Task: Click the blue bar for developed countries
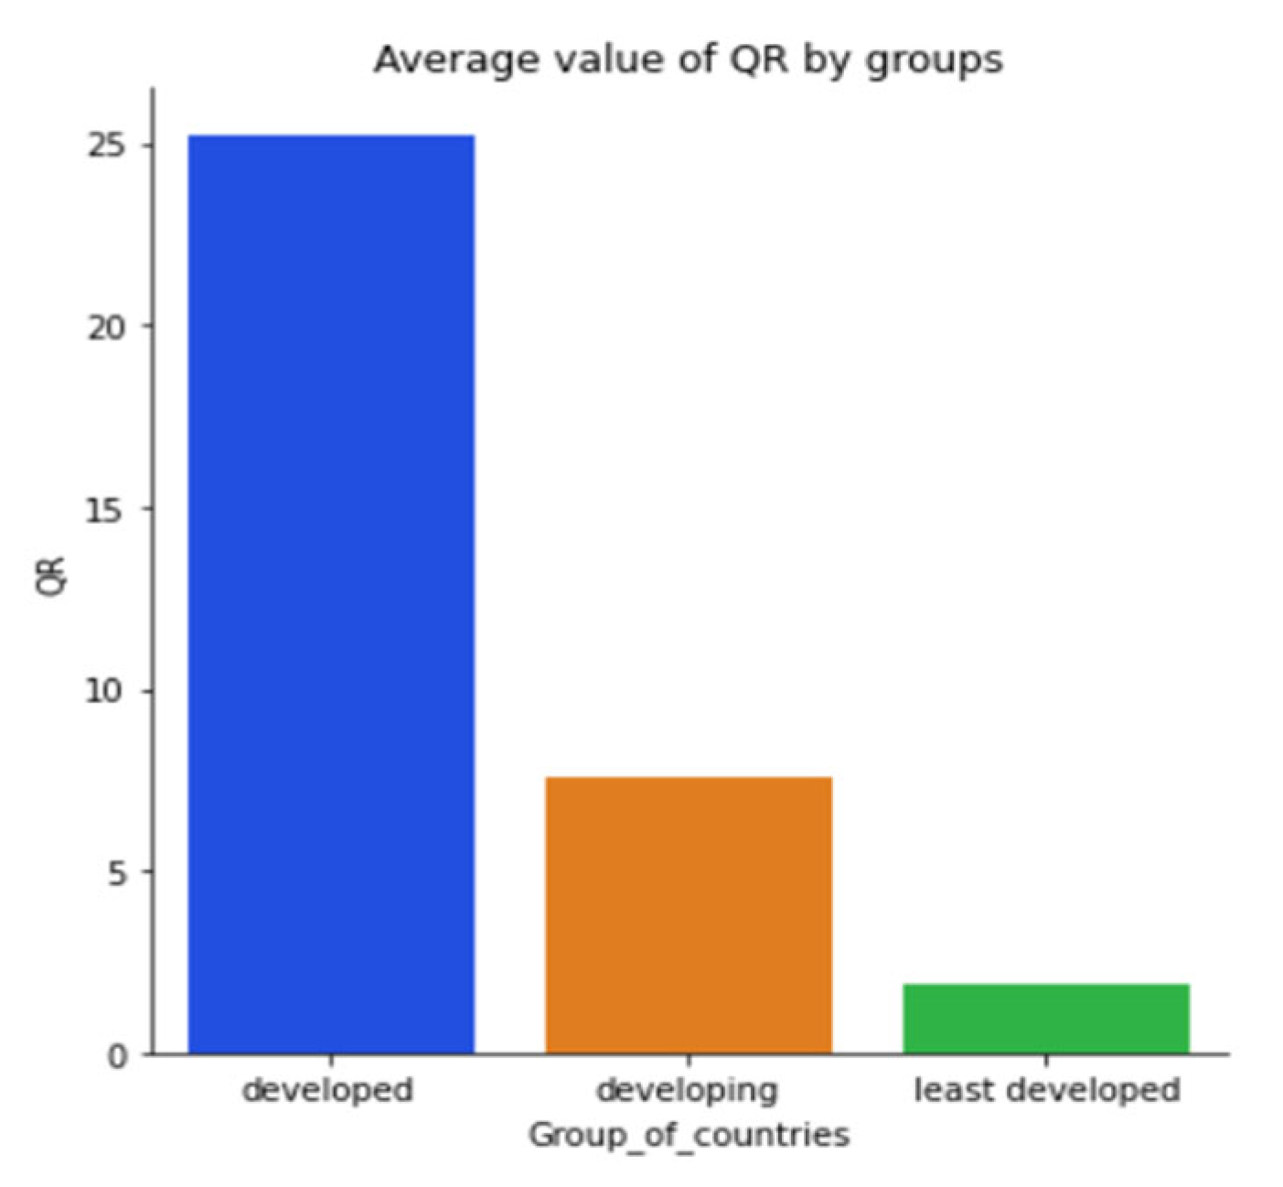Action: pos(331,594)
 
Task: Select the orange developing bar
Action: pos(689,914)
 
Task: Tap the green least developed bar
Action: pos(1046,1019)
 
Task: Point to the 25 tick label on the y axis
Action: pos(107,146)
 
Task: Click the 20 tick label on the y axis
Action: pos(107,327)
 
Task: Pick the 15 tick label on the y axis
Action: pos(107,509)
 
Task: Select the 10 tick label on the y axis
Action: pos(107,691)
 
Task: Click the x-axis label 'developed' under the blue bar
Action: pos(327,1090)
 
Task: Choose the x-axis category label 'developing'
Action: pos(687,1090)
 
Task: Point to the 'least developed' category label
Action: pos(1047,1090)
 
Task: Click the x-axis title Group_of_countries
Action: pos(689,1136)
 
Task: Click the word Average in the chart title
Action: pos(443,60)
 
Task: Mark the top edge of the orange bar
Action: pos(689,778)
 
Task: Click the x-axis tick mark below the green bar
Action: pos(1046,1061)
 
